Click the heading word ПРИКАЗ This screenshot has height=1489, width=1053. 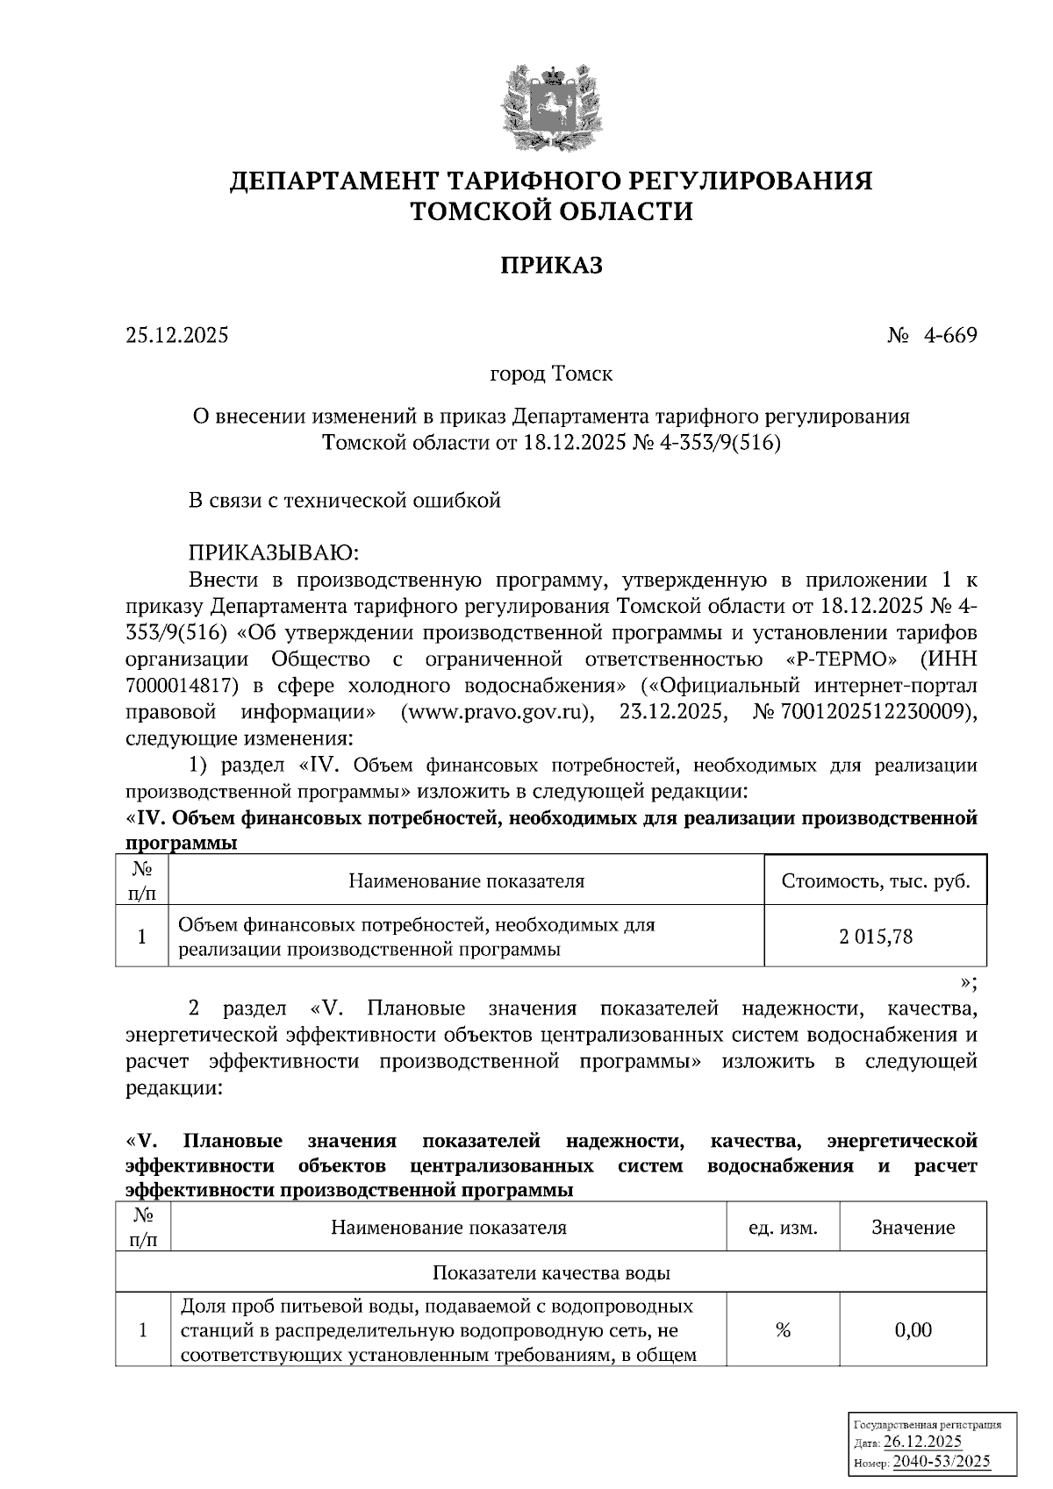point(552,265)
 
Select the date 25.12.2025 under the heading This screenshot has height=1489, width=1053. point(177,335)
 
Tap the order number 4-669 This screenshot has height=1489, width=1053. point(949,335)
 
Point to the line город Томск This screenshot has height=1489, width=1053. point(551,374)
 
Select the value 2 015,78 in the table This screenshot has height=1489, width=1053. point(875,937)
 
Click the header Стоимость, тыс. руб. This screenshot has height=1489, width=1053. point(875,880)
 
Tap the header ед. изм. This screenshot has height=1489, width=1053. point(783,1228)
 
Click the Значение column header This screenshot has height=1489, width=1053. point(913,1228)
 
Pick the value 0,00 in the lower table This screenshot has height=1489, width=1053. point(913,1330)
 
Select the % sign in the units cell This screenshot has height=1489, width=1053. point(783,1330)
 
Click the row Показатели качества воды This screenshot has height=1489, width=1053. point(551,1272)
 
